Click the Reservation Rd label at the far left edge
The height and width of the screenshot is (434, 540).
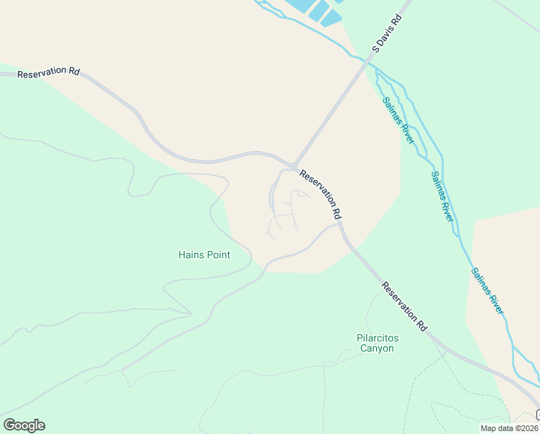[x=48, y=73]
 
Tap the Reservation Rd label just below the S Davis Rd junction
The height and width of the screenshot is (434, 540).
[x=320, y=195]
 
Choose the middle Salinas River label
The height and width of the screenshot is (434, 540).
[x=441, y=195]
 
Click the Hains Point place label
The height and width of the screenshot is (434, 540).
[x=204, y=255]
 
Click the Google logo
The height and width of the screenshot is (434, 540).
[x=24, y=425]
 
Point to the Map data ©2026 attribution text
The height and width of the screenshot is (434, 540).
[x=510, y=428]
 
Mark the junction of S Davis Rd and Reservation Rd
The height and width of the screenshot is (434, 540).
[x=293, y=166]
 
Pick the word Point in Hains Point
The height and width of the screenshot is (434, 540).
[x=217, y=255]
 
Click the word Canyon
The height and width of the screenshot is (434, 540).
[x=375, y=349]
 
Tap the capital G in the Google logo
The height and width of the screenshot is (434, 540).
[x=9, y=425]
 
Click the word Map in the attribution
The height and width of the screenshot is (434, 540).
[x=489, y=428]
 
